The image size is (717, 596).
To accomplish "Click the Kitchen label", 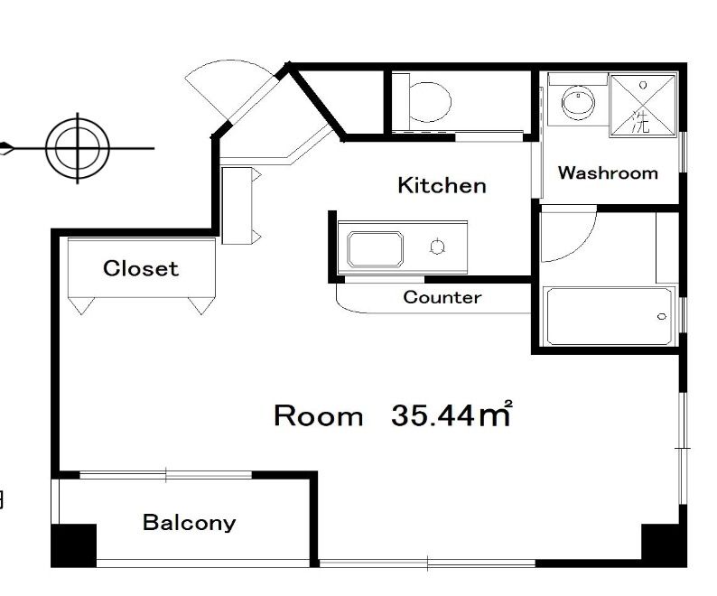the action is click(x=442, y=185).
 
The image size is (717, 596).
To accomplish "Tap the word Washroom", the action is click(x=608, y=172).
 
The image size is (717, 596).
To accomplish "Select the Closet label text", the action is click(x=141, y=268).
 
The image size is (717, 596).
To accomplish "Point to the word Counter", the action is click(x=442, y=297).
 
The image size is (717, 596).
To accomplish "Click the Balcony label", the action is click(x=190, y=522).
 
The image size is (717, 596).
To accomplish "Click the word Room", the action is click(x=318, y=416).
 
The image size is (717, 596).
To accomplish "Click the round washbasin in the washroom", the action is click(x=578, y=102).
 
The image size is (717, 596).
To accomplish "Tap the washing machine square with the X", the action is click(x=642, y=106).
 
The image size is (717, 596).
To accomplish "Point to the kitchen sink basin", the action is click(x=375, y=249).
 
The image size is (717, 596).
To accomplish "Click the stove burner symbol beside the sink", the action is click(x=438, y=247).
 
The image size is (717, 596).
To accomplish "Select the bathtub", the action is click(x=610, y=316).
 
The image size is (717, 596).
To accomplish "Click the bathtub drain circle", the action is click(x=662, y=317).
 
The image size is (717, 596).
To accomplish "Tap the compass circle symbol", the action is click(x=78, y=148).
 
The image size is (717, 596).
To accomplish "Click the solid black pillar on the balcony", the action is click(x=73, y=545).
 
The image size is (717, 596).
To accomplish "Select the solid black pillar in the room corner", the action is click(x=664, y=545).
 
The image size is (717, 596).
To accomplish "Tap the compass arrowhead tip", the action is click(x=1, y=149).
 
